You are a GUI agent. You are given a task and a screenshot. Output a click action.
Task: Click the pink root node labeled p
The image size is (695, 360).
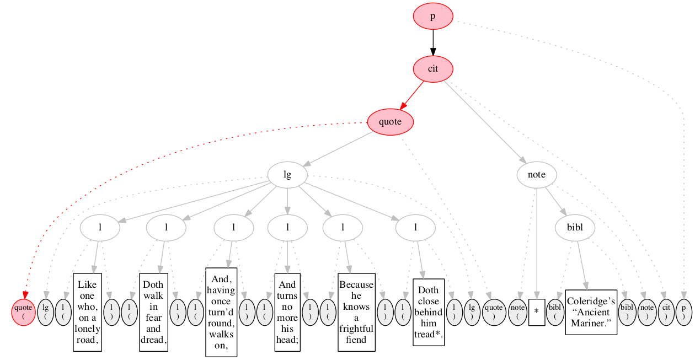point(433,17)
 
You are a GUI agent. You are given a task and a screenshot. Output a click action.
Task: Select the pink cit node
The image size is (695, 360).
point(433,69)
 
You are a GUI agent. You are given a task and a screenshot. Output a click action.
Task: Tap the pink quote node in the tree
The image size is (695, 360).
point(391,122)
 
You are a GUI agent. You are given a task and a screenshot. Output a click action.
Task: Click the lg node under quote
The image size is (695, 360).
point(287,175)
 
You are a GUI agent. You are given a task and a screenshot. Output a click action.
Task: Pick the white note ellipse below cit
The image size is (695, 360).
point(537,175)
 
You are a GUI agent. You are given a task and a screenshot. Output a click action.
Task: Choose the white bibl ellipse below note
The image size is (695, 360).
point(575,228)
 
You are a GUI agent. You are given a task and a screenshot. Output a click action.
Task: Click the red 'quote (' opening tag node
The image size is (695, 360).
point(23,312)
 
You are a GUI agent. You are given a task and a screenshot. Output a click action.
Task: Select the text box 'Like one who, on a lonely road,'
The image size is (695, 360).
point(88,312)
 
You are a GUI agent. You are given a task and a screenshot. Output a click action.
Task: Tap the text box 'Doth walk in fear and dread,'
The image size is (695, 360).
point(153,312)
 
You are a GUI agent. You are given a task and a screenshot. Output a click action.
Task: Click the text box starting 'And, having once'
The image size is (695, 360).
point(221,312)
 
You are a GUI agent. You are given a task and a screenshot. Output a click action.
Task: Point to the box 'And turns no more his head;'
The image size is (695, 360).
point(287,312)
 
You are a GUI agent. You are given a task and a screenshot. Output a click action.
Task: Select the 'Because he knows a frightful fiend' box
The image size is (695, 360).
point(356,312)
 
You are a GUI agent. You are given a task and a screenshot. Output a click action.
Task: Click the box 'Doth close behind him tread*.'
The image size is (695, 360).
point(429,312)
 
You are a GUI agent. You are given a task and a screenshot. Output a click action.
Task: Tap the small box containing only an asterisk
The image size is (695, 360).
point(537,312)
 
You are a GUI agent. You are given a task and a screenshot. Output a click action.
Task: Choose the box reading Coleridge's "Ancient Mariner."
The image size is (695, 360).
point(591,312)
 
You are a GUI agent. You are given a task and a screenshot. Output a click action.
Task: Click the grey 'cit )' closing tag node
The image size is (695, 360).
point(666,312)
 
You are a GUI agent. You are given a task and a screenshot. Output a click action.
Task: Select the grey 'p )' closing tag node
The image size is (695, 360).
point(684,312)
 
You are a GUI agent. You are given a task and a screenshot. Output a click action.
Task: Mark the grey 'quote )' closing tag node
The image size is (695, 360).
point(494,312)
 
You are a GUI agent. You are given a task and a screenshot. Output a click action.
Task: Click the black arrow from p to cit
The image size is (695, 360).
point(433,43)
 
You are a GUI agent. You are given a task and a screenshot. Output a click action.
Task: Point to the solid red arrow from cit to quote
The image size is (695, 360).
point(411,95)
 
